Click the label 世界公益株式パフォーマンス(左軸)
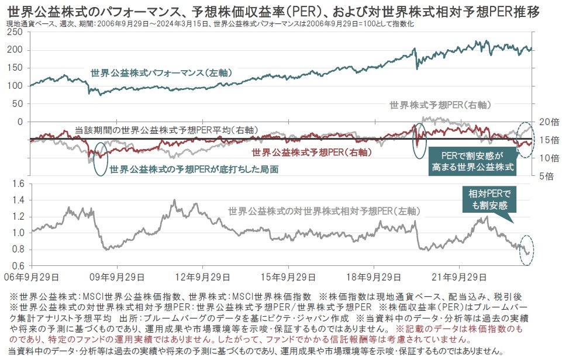tap(161, 73)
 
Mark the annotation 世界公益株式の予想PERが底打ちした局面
tap(194, 169)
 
